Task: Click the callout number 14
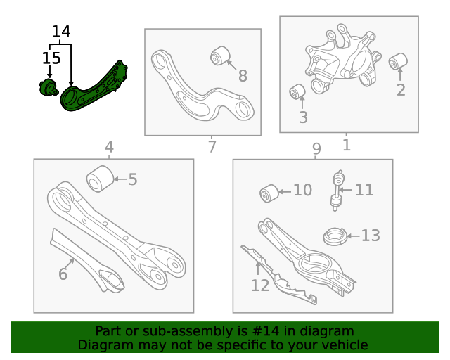click(61, 32)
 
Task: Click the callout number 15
click(51, 58)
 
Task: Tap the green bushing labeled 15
click(49, 89)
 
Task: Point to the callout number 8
click(243, 76)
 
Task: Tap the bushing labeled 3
click(298, 92)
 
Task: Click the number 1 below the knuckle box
click(346, 145)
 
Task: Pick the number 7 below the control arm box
click(212, 147)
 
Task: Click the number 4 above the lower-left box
click(109, 147)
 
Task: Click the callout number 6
click(63, 274)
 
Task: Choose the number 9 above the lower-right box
click(316, 148)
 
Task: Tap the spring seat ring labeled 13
click(335, 236)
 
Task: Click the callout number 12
click(259, 285)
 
